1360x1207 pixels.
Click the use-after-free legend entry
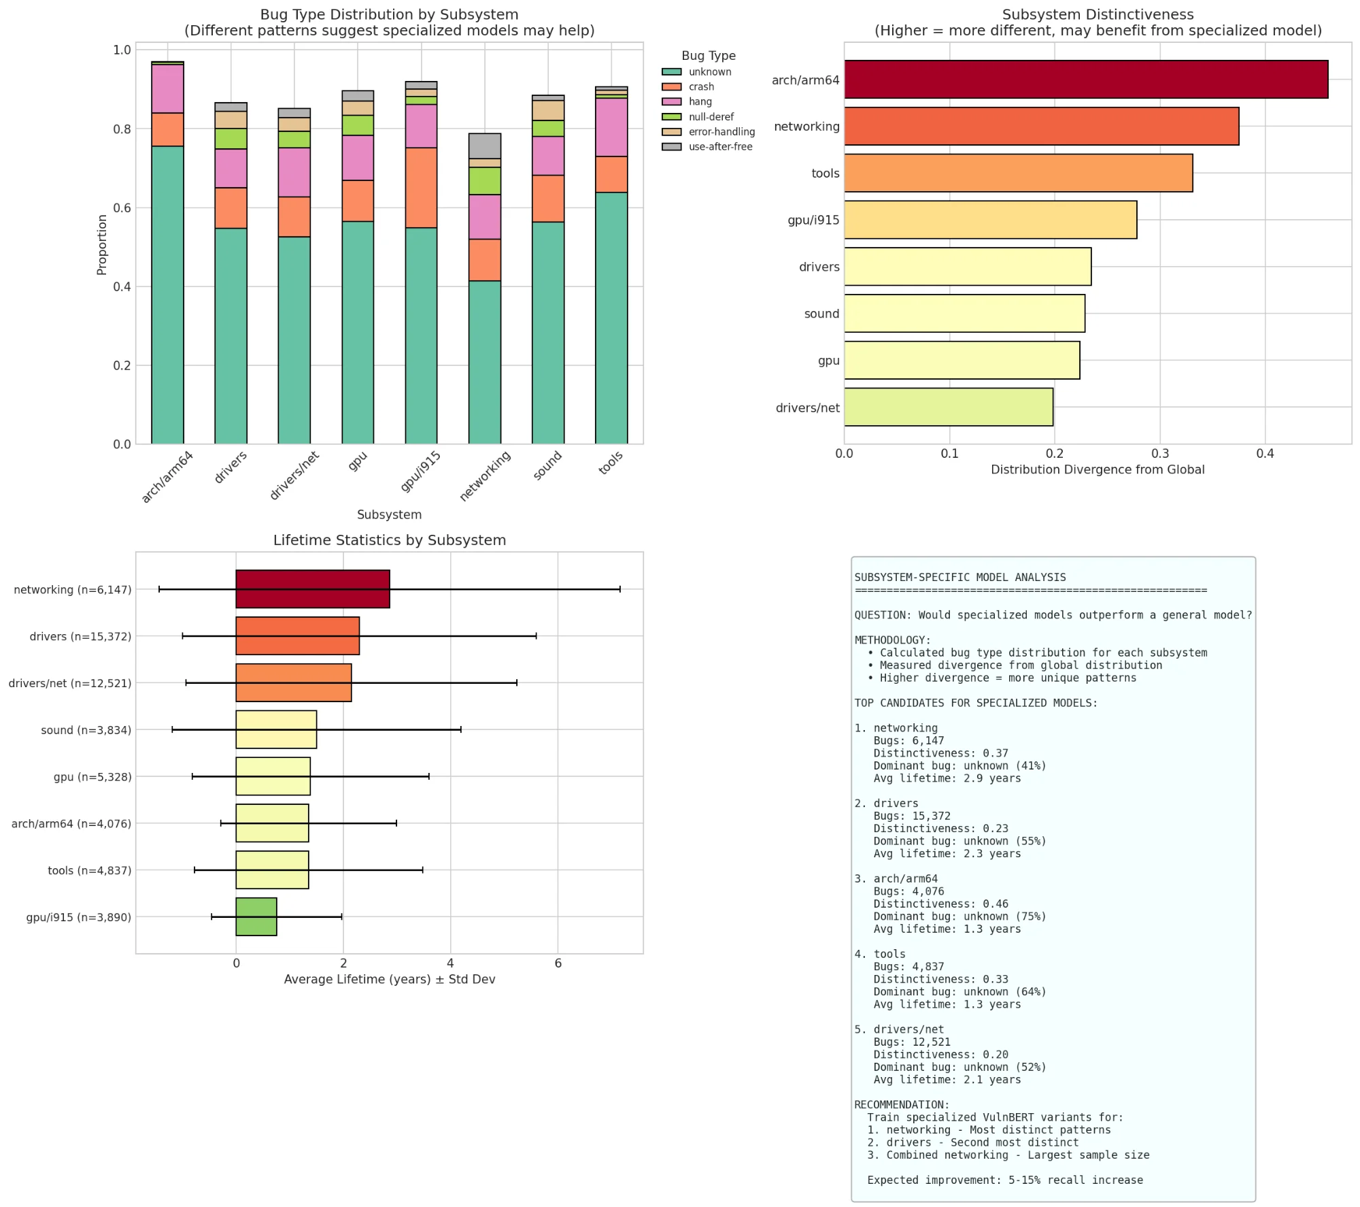click(719, 147)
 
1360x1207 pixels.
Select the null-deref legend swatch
click(671, 117)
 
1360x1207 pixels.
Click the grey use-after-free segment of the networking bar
click(485, 146)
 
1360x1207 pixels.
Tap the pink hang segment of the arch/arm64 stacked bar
click(167, 88)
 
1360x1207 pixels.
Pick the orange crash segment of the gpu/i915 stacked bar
click(421, 188)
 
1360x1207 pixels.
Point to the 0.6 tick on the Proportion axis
click(122, 208)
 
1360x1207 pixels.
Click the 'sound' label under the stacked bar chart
click(547, 465)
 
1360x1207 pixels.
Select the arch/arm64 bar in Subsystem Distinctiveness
click(1085, 80)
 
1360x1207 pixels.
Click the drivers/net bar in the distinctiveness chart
click(948, 407)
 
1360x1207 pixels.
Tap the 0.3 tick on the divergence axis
click(1160, 454)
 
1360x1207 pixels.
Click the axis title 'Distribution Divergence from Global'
click(1097, 469)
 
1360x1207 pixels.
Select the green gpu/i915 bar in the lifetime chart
click(256, 916)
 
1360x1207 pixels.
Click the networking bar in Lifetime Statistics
click(313, 589)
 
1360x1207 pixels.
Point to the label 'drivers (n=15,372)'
click(80, 636)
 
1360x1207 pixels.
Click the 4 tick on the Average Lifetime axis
click(450, 963)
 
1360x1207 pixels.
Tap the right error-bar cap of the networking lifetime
click(619, 589)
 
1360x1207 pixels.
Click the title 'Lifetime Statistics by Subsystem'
click(389, 540)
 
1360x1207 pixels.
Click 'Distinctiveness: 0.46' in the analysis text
click(940, 904)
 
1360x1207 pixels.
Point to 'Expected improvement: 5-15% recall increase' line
click(1004, 1180)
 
